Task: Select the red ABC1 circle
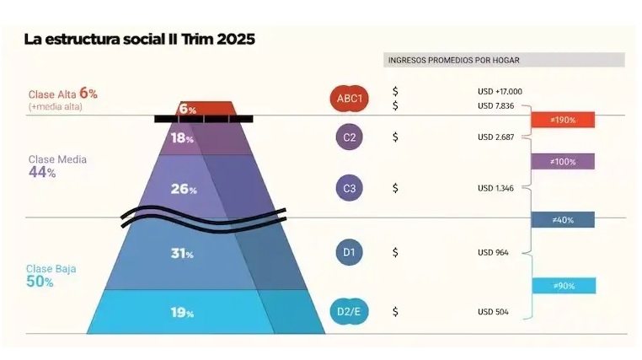(349, 99)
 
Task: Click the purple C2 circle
(349, 137)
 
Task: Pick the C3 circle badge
(349, 188)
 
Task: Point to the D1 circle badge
(349, 252)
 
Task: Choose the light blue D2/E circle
(349, 311)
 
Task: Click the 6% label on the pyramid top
(187, 110)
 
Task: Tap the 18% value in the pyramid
(183, 138)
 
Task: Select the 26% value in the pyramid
(183, 189)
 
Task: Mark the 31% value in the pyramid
(183, 253)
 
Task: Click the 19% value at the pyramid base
(183, 313)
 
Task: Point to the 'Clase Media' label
(57, 159)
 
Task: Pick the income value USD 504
(493, 311)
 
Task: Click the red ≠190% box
(563, 120)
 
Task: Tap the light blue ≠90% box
(563, 286)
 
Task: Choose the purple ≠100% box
(563, 161)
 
